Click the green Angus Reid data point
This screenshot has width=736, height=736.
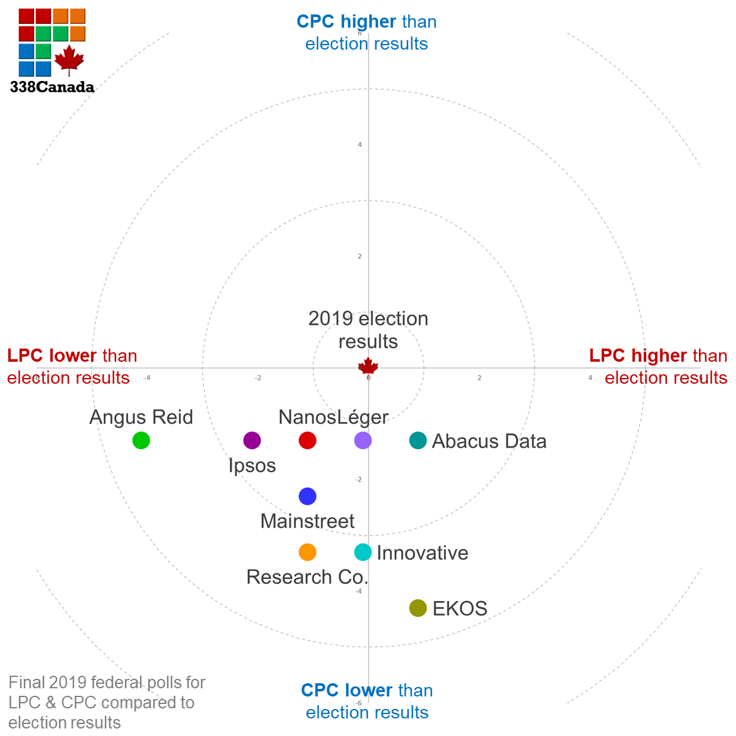coord(141,440)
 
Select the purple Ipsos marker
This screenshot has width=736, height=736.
coord(252,440)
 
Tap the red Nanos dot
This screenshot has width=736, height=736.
coord(307,440)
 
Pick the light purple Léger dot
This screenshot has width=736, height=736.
coord(363,440)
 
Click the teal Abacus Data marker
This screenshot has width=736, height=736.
coord(418,440)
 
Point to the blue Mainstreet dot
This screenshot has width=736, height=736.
coord(307,496)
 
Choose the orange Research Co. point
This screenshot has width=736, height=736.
coord(307,552)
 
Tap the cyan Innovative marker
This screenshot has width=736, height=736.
coord(363,552)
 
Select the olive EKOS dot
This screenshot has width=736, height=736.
coord(418,608)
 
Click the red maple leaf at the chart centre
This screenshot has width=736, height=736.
coord(368,367)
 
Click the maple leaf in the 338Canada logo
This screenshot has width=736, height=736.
coord(69,60)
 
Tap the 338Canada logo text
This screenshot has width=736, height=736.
coord(52,87)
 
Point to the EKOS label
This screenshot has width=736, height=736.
coord(460,609)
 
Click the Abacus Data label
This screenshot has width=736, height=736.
coord(489,441)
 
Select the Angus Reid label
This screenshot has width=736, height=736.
coord(141,417)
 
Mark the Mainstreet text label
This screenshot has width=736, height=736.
coord(307,521)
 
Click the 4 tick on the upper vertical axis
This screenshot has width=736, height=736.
coord(360,145)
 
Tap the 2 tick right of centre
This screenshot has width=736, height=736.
coord(479,378)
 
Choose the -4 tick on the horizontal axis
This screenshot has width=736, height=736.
coord(147,378)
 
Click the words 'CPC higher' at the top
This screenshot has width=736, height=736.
coord(346,21)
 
